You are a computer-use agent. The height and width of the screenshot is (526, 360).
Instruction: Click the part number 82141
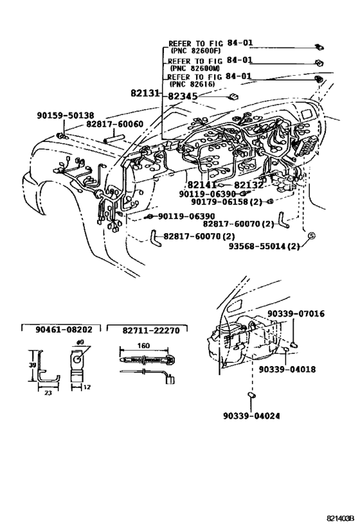[203, 184]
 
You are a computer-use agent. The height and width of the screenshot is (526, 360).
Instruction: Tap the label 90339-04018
[287, 369]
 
